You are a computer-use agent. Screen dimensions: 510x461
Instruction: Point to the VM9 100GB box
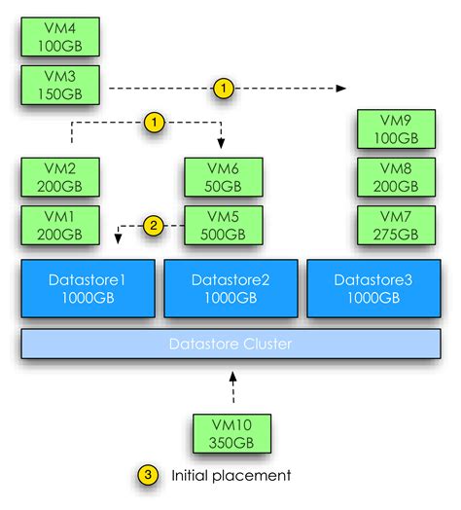coord(388,130)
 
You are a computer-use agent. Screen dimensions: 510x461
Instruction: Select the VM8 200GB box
coord(388,178)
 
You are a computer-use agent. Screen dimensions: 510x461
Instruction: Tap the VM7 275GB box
coord(388,226)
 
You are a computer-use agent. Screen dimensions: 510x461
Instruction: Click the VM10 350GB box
coord(231,433)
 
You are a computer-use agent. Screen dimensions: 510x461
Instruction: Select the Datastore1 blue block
coord(89,289)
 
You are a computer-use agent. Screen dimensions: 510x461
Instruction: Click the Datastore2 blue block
coord(230,289)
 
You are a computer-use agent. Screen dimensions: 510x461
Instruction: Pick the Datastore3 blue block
coord(373,289)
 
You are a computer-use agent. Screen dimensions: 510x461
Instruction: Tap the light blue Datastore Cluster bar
coord(230,344)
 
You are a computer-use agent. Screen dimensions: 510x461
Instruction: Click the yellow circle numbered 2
coord(154,226)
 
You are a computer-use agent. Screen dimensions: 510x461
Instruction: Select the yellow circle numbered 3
coord(147,475)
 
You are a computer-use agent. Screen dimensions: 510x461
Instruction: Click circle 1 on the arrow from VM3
coord(224,89)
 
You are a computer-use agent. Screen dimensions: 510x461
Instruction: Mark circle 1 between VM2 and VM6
coord(154,122)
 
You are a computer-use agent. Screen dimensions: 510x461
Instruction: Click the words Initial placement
coord(230,475)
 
